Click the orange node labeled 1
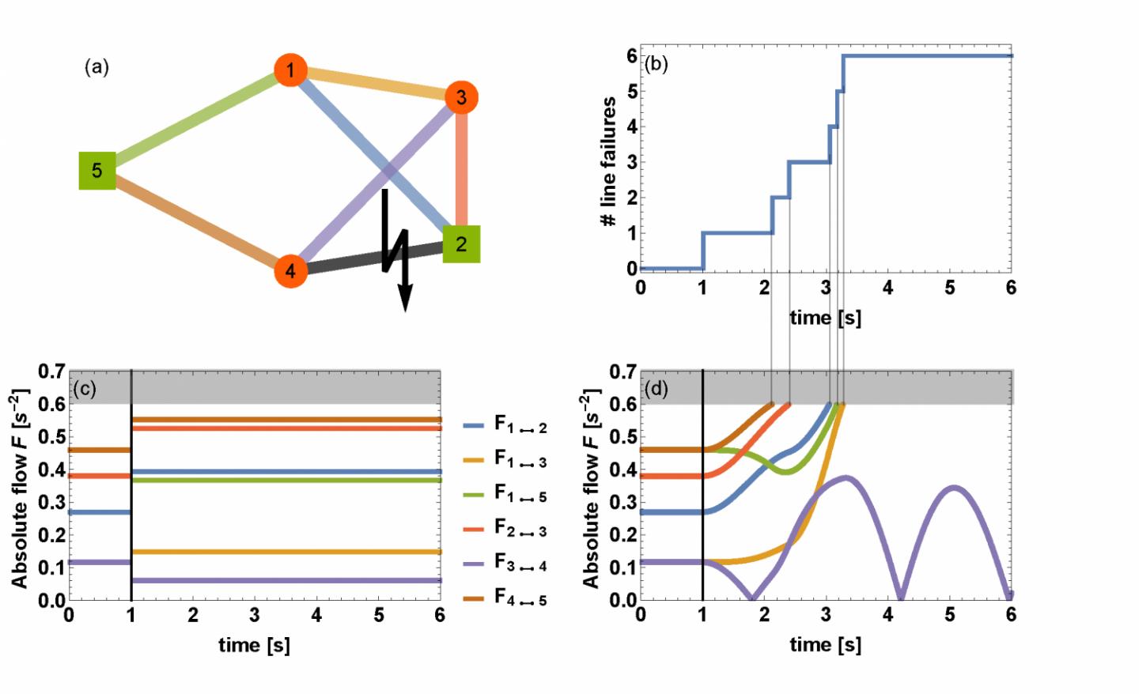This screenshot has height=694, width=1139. pos(290,70)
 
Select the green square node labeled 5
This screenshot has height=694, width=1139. pos(97,171)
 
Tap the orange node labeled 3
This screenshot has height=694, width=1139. pos(461,98)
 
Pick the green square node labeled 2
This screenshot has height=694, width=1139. pos(461,243)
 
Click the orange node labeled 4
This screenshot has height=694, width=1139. pos(290,271)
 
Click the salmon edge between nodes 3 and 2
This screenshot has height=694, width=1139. pos(461,170)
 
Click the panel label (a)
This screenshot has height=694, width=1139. pos(96,67)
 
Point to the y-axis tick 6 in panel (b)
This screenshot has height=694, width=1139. pos(632,56)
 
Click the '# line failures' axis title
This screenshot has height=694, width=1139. pos(608,162)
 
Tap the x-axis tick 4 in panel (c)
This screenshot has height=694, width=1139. pos(316,615)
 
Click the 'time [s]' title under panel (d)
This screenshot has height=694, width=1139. pos(825,645)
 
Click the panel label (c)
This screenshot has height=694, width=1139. pos(84,389)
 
